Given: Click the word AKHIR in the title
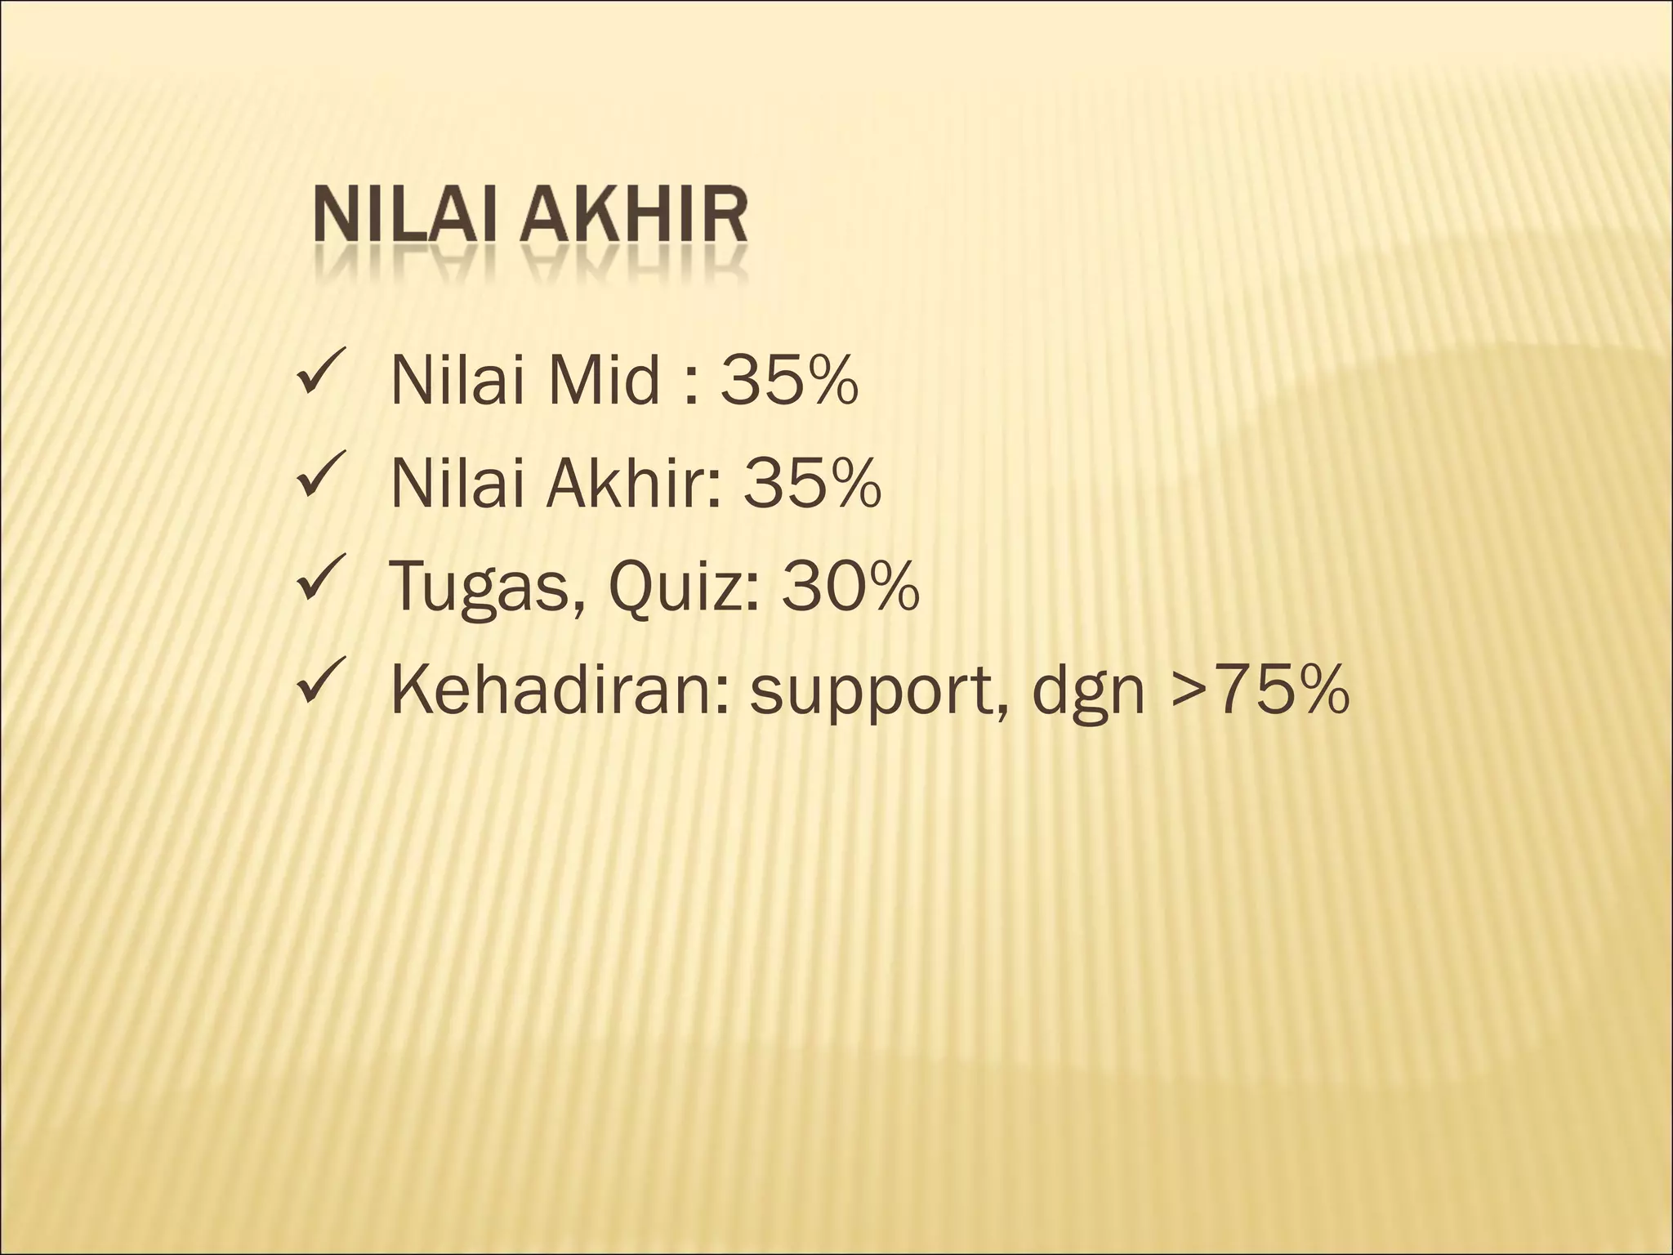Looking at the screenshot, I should pyautogui.click(x=636, y=218).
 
